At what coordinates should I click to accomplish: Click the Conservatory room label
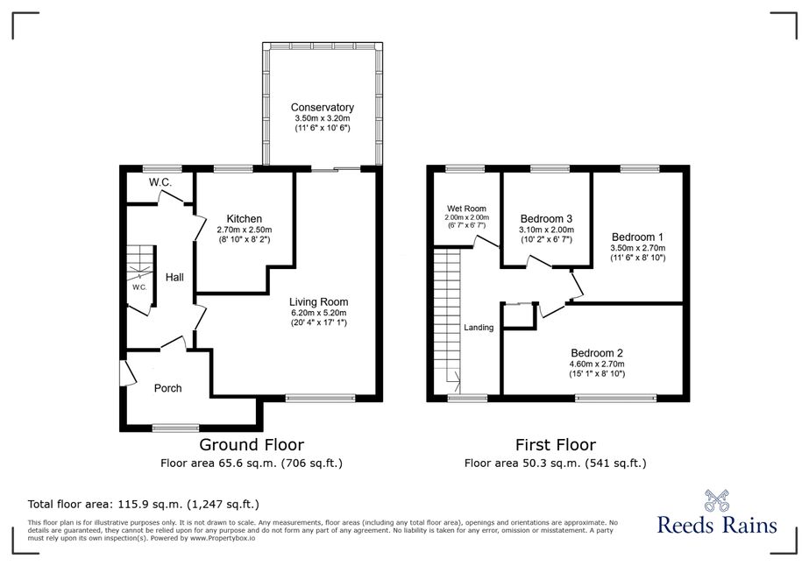322,107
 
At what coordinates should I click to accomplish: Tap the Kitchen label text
244,219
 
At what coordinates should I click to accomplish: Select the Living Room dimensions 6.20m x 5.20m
318,313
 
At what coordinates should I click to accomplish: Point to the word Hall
174,277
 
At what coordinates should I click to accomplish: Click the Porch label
167,388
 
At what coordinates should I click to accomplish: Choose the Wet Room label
466,209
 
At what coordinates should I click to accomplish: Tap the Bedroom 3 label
546,219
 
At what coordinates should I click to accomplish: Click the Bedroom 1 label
637,237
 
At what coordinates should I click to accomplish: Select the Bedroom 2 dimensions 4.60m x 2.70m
597,364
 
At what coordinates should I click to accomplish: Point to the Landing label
479,327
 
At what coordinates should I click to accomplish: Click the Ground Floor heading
252,444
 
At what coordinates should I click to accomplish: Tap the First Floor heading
556,444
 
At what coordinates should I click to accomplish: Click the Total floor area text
144,504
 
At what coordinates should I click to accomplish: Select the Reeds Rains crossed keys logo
717,500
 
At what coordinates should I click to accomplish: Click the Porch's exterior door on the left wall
127,373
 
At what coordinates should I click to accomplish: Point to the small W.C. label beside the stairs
139,287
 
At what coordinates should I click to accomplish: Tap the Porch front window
175,428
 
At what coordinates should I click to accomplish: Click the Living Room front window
321,398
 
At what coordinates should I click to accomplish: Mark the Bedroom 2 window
615,398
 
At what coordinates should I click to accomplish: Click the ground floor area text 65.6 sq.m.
252,463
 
